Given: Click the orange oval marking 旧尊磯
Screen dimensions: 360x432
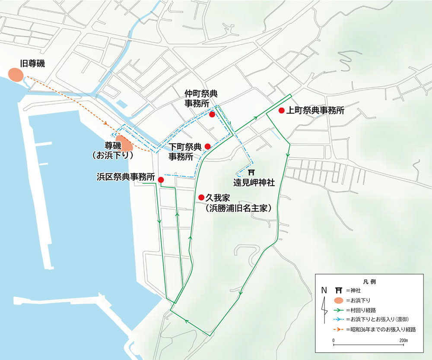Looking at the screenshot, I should point(16,75).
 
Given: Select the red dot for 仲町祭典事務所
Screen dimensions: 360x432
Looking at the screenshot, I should point(212,114).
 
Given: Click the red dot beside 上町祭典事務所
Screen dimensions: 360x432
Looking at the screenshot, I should point(281,111).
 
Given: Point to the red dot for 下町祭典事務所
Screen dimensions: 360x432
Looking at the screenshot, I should point(207,146).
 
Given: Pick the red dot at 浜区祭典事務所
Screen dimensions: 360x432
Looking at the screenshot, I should point(161,180).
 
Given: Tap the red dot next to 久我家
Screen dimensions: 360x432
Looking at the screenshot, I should point(201,197).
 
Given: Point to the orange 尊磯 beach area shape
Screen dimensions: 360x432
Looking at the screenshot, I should point(123,144).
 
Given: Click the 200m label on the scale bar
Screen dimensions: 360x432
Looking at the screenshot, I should point(403,341).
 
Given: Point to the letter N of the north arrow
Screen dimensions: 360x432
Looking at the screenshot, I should point(324,290).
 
